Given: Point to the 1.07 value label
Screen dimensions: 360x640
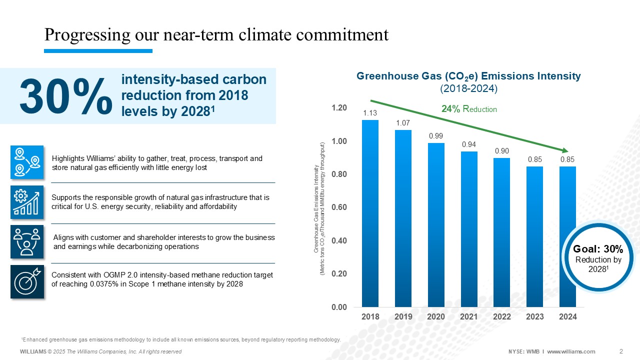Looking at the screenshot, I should (403, 123).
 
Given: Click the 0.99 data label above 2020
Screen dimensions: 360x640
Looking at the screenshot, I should (436, 136).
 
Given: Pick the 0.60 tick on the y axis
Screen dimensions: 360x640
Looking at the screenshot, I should (339, 207).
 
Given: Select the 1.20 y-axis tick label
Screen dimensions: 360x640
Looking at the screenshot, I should (339, 108).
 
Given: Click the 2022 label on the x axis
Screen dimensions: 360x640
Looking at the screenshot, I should (502, 317).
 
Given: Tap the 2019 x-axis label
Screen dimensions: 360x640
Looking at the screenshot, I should (403, 317).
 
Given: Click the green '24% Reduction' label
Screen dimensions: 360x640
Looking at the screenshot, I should (469, 109).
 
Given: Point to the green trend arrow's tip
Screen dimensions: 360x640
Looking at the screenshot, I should (568, 151).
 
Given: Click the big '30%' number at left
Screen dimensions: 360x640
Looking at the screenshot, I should (66, 96).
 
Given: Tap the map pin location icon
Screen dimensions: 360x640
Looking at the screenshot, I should (27, 162).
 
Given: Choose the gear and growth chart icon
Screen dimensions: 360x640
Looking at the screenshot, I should (27, 202).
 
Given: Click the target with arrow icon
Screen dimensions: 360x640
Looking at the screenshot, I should (27, 282).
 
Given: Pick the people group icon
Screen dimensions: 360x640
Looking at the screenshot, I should (27, 242).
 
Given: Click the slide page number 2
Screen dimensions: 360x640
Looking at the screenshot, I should (620, 350).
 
